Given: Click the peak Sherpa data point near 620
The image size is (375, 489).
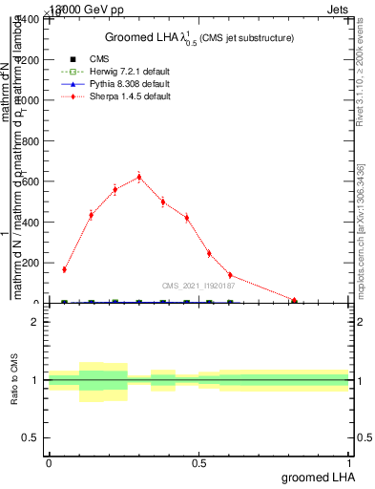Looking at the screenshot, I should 139,177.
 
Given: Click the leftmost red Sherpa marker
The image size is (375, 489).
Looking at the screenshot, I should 64,269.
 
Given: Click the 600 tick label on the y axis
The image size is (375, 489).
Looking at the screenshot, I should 31,181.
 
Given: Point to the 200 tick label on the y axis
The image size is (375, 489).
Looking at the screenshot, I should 31,263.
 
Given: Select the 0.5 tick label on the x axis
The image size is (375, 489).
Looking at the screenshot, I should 198,462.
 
